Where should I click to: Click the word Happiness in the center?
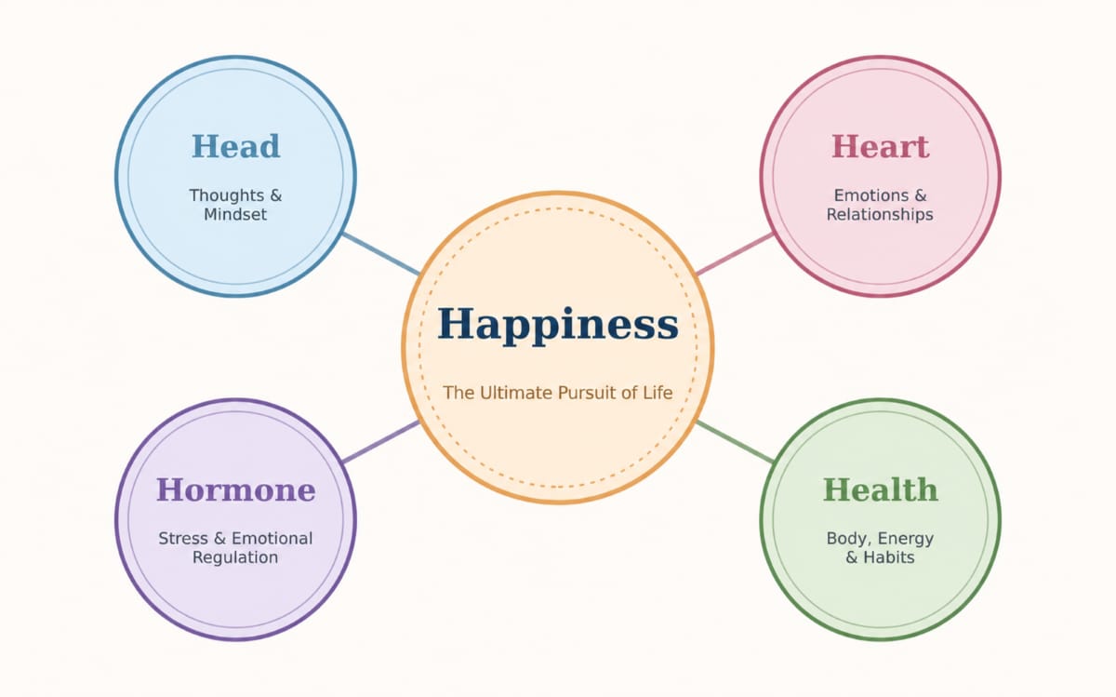pos(557,325)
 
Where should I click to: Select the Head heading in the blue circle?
pos(235,147)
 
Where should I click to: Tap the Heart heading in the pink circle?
pos(880,147)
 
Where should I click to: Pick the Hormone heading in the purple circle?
pos(235,489)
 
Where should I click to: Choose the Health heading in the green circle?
pos(880,489)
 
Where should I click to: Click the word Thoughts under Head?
pos(227,194)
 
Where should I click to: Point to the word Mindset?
pos(235,214)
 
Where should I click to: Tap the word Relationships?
pos(880,214)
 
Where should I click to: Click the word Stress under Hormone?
pos(183,539)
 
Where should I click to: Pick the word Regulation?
pos(235,557)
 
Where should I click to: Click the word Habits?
pos(889,557)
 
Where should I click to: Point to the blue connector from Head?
pos(381,254)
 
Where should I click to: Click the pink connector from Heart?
pos(735,254)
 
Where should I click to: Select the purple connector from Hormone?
pos(381,442)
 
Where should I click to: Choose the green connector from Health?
pos(735,442)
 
